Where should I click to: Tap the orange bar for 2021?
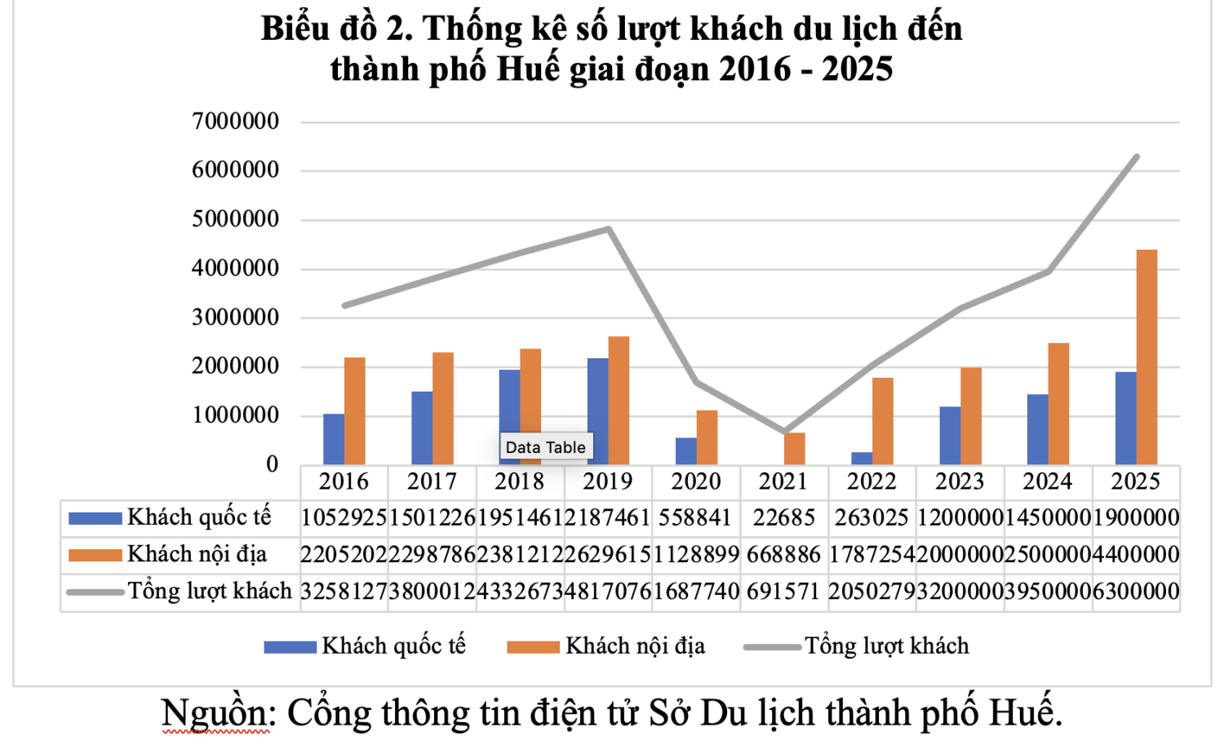coord(794,449)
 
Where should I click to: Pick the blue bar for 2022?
coord(862,459)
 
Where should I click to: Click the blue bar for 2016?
coord(333,439)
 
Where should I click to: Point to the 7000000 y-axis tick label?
coord(235,122)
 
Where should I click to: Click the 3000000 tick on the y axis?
coord(235,317)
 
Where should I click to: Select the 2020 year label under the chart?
coord(696,481)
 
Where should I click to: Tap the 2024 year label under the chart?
coord(1048,481)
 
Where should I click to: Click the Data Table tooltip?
coord(545,447)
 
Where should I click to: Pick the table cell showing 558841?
coord(696,517)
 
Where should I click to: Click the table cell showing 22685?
coord(784,517)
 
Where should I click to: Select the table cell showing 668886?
coord(784,555)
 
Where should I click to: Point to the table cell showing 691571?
coord(784,592)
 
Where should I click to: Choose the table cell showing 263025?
coord(871,517)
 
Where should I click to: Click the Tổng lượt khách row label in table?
coord(209,591)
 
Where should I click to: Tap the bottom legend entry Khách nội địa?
coord(635,646)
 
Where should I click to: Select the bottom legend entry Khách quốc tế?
coord(393,646)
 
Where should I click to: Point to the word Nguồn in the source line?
coord(214,713)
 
